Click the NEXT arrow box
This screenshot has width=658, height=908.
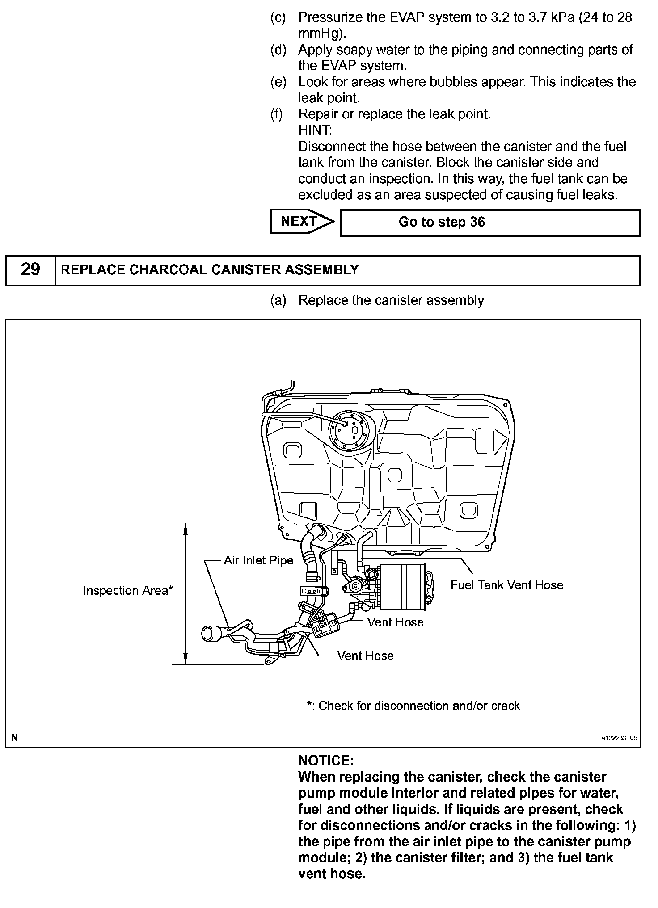pos(301,222)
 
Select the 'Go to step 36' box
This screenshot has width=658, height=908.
pos(489,223)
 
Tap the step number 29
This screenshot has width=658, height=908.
pos(30,270)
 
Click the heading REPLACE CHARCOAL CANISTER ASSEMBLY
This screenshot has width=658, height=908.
pos(210,270)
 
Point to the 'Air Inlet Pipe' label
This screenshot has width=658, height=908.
pos(258,560)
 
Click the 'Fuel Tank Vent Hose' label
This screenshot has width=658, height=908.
pos(506,585)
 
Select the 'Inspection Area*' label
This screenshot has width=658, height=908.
pos(128,590)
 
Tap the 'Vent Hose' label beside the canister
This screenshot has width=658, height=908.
pos(395,622)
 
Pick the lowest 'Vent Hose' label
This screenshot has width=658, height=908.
pos(365,656)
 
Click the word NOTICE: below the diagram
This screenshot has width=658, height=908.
pos(326,761)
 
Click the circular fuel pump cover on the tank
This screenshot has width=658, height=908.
pos(350,431)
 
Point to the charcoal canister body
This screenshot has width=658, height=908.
pos(401,586)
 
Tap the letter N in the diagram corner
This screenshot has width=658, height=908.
pos(15,737)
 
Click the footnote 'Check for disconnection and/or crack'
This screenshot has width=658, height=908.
pos(414,706)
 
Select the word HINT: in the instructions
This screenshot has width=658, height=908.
pos(315,130)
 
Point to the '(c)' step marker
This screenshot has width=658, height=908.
pos(278,17)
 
